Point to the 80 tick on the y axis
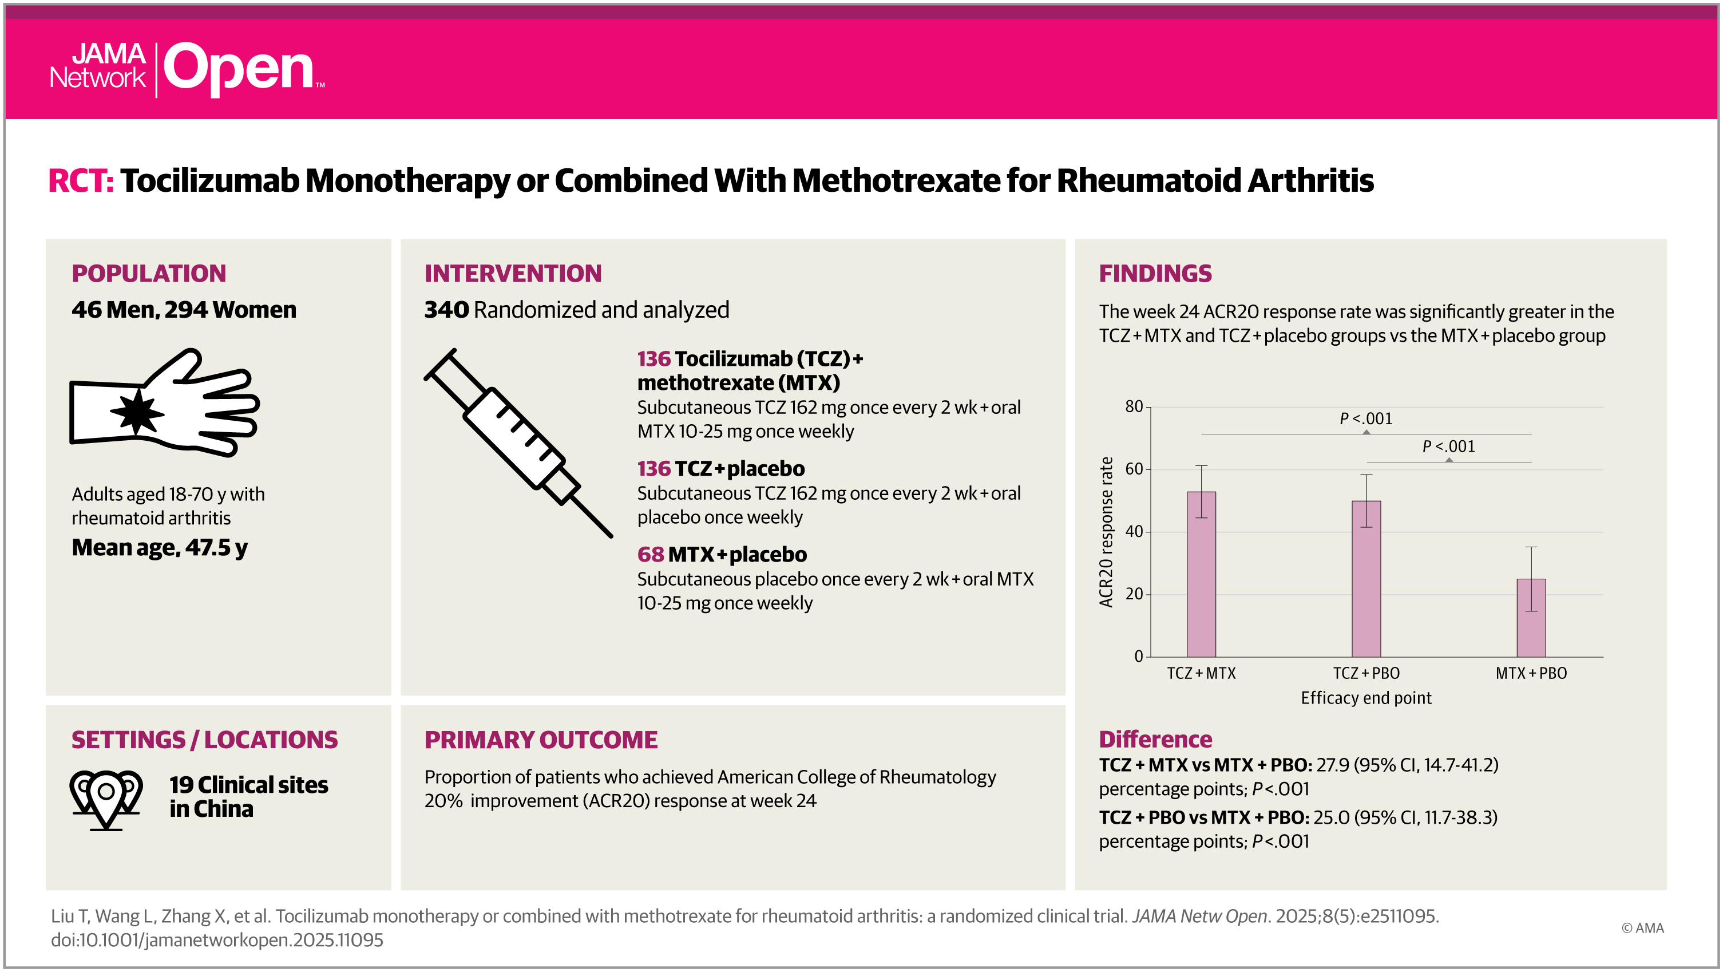pos(1134,407)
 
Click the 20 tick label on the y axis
pos(1134,594)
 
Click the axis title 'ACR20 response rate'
pos(1106,532)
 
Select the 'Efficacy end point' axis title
pos(1366,698)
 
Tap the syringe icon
pos(518,442)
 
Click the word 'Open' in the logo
pos(239,68)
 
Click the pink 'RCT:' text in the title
pos(80,181)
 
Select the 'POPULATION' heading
pos(148,274)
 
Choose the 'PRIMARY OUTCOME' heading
pos(540,740)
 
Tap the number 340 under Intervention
pos(446,310)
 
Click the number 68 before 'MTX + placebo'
pos(650,555)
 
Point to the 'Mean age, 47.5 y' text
pos(159,548)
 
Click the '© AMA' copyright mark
pos(1642,928)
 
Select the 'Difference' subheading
pos(1155,739)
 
